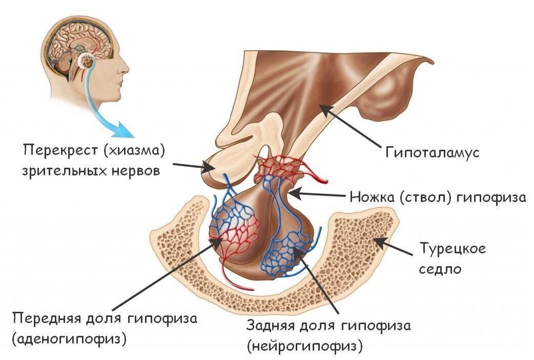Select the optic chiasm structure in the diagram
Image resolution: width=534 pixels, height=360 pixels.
pyautogui.click(x=220, y=164)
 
